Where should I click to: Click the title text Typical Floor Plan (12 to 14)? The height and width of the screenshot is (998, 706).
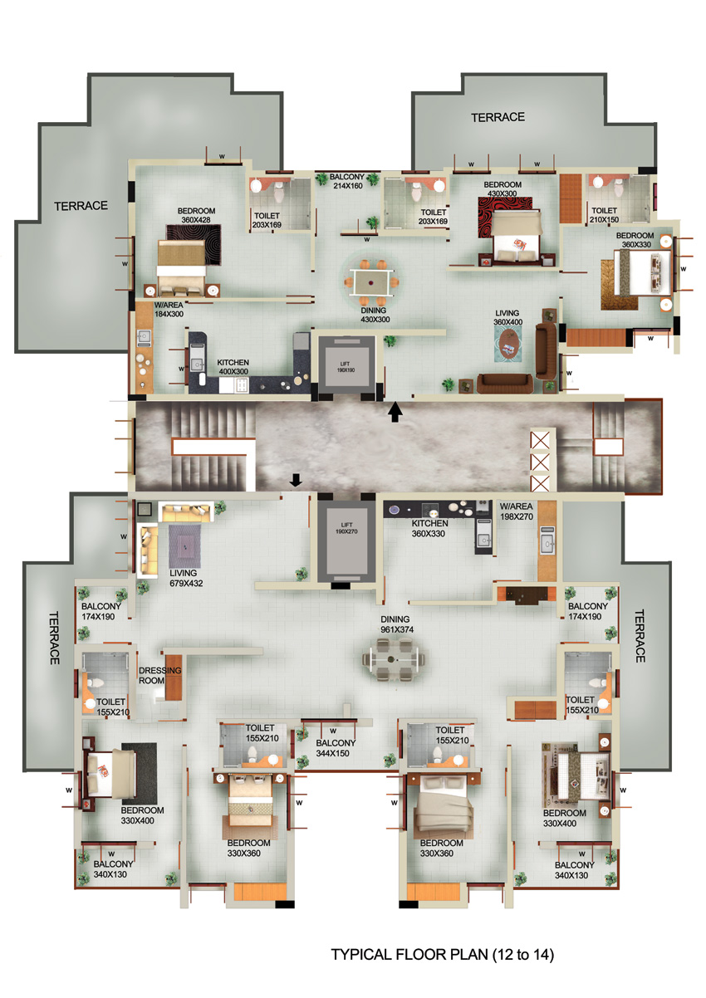pos(442,954)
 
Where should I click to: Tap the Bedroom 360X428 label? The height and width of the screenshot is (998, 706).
pos(196,215)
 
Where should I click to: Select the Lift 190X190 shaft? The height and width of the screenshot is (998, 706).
pos(346,367)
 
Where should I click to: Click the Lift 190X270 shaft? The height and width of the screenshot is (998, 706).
pos(346,542)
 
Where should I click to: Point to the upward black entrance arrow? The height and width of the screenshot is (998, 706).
pos(395,412)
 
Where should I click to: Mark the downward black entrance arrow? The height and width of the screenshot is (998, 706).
pos(296,480)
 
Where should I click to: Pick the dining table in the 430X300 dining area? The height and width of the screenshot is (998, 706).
pos(370,282)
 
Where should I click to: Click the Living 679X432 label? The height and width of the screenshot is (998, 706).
pos(186,578)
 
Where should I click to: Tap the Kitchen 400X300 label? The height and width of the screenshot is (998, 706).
pos(233,367)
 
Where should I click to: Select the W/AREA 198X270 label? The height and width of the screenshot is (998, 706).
pos(516,511)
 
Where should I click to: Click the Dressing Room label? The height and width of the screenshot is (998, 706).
pos(159,675)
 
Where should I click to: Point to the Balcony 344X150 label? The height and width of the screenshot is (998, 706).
pos(336,748)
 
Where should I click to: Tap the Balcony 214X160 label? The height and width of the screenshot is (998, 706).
pos(347,181)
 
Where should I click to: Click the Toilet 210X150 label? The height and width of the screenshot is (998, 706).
pos(604,215)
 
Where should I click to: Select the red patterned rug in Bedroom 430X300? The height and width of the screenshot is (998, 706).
pos(505,218)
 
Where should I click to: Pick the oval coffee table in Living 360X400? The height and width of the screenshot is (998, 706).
pos(508,342)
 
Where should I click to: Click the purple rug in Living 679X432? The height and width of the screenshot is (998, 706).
pos(184,545)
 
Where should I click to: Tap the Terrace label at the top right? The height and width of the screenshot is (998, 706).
pos(498,117)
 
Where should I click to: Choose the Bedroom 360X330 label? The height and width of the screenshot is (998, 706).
pos(635,240)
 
